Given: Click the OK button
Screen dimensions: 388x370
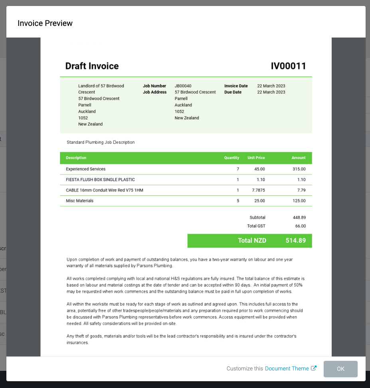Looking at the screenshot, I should tap(340, 369).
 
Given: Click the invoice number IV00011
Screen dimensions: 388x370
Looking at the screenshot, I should tap(288, 66).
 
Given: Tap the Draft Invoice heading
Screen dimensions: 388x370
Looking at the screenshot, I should tap(92, 66).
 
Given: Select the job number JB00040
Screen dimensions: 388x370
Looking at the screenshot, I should tap(183, 86).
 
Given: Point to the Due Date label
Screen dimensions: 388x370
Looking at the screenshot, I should tap(233, 92).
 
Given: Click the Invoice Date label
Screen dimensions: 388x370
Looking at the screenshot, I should tap(236, 86).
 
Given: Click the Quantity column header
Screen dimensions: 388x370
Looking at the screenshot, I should tap(231, 158).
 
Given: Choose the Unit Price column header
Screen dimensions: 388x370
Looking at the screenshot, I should tap(256, 158).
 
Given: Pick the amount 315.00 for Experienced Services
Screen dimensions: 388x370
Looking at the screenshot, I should tap(299, 169).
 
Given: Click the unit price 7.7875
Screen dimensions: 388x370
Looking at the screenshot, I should tap(258, 190).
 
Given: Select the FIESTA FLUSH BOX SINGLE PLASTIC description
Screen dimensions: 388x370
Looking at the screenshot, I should tap(100, 180).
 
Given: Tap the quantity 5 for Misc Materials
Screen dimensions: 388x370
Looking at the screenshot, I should tap(238, 201).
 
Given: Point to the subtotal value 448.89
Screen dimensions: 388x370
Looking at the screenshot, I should tap(299, 218).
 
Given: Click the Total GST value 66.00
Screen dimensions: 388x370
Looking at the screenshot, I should tap(300, 226).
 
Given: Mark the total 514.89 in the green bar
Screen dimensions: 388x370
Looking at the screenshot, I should tap(295, 241).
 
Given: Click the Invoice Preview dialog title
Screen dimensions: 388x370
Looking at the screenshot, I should tap(45, 23).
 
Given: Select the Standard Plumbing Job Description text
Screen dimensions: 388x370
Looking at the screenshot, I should tap(101, 142).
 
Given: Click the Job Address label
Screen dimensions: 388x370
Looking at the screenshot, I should tap(154, 92).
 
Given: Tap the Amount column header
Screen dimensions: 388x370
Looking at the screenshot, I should tap(298, 158).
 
